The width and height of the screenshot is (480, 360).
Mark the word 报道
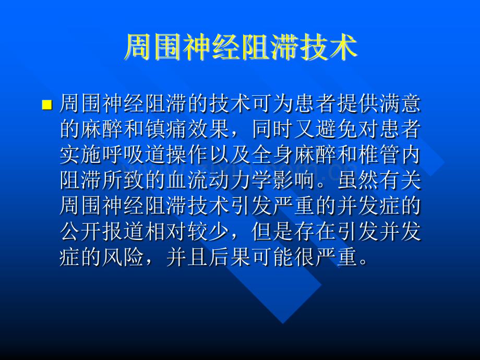coord(123,233)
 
